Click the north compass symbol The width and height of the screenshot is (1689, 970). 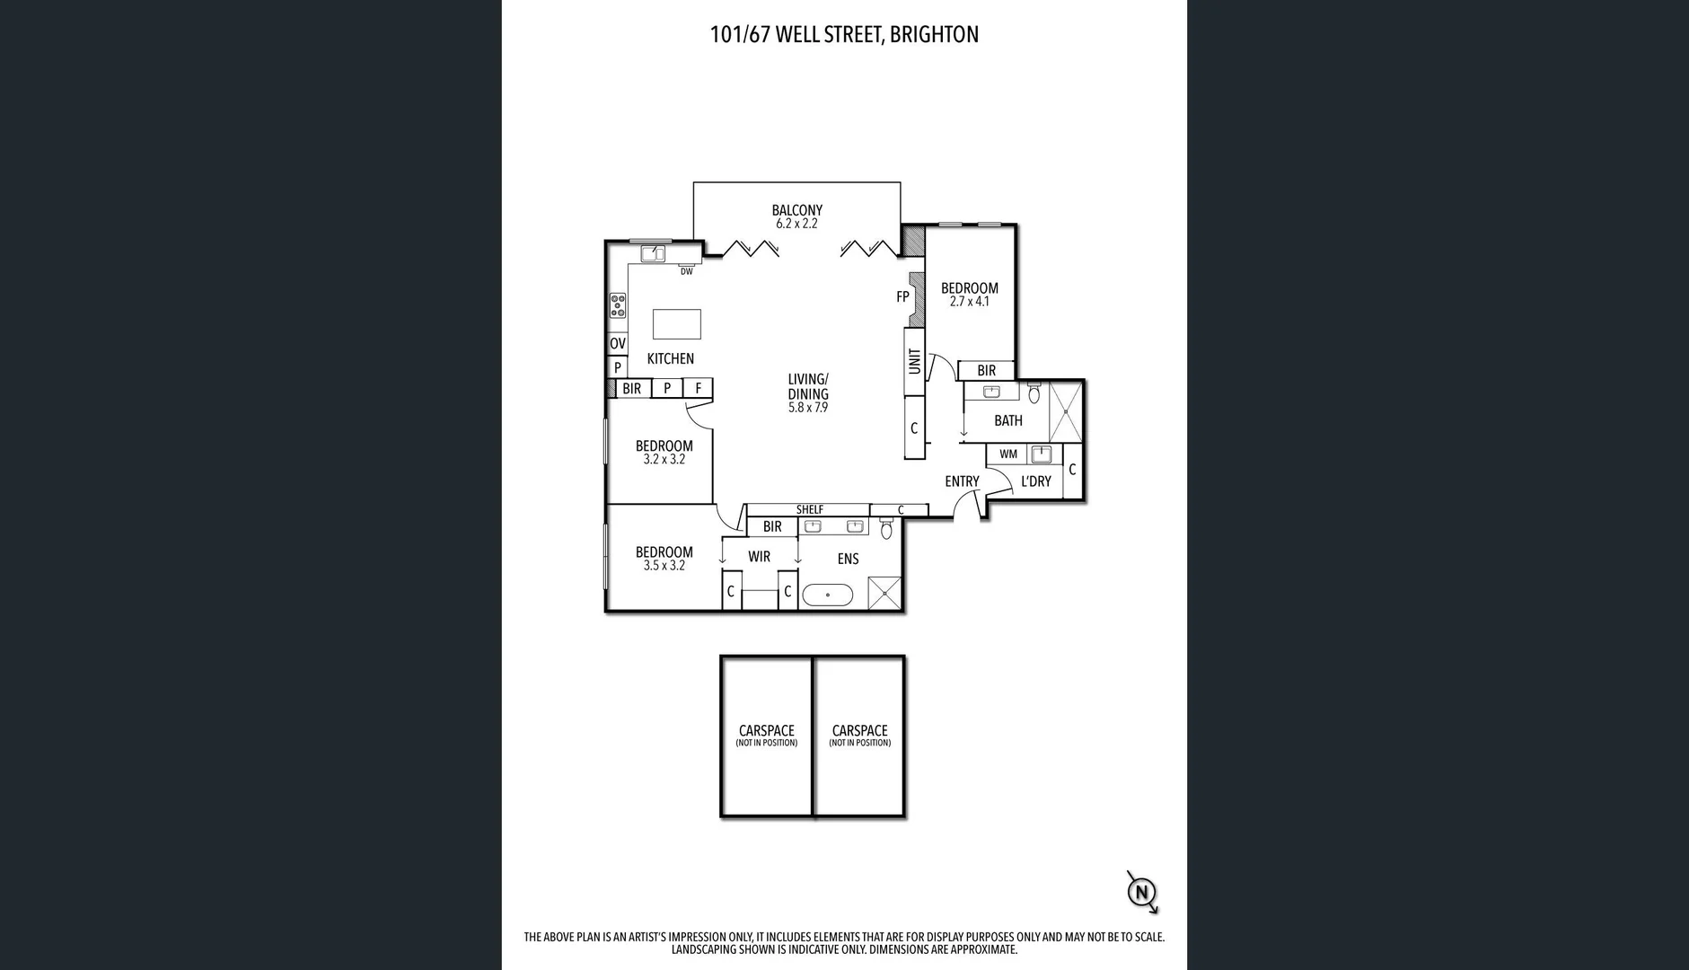tap(1141, 892)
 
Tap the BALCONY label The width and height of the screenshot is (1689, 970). tap(796, 210)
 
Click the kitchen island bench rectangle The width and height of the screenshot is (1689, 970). tap(676, 323)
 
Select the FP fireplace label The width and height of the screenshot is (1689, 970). tap(902, 296)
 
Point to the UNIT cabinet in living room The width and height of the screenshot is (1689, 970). tap(914, 361)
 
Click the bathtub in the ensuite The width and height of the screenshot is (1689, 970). tap(827, 595)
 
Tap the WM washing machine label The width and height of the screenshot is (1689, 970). tap(1008, 454)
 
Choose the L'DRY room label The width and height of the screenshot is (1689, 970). tap(1035, 481)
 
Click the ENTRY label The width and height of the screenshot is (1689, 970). tap(962, 481)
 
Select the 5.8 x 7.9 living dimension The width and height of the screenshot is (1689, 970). tap(807, 408)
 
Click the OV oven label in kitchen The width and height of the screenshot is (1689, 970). tap(618, 344)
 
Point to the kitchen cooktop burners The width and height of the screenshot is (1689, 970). tap(618, 305)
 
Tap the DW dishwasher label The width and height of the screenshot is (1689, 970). tap(686, 271)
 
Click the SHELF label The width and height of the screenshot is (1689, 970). tap(809, 509)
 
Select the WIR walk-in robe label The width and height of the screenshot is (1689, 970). tap(759, 557)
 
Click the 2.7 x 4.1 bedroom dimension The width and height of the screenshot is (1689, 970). tap(969, 302)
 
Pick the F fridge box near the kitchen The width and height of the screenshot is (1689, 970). tap(698, 388)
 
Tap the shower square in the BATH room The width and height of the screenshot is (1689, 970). tap(1066, 411)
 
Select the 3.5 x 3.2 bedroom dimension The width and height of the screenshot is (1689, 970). tap(664, 566)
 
